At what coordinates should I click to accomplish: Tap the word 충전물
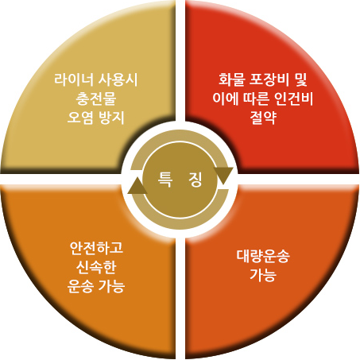click(x=96, y=99)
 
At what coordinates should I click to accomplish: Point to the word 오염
click(x=80, y=118)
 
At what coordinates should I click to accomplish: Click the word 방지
click(x=111, y=118)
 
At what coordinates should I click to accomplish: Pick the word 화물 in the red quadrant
click(x=231, y=79)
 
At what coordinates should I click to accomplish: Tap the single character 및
click(x=300, y=79)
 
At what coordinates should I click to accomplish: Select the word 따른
click(x=256, y=99)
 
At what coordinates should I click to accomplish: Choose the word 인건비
click(x=294, y=99)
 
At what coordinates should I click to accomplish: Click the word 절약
click(x=263, y=118)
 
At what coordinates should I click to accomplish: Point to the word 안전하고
click(x=96, y=248)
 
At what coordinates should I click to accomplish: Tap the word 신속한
click(x=96, y=267)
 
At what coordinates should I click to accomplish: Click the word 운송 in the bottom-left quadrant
click(x=80, y=286)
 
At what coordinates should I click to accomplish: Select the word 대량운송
click(x=263, y=256)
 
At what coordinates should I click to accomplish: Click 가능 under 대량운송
click(x=263, y=275)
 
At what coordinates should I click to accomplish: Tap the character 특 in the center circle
click(x=165, y=180)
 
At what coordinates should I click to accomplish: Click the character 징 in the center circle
click(x=195, y=180)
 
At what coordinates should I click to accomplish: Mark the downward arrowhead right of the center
click(x=223, y=175)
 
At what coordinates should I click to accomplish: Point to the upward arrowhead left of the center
click(x=137, y=186)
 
